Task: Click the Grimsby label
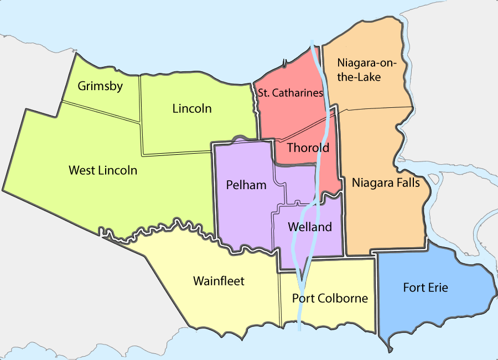[x=100, y=86]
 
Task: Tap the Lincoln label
[x=192, y=108]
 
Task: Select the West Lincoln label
[x=103, y=170]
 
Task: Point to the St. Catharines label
[x=290, y=93]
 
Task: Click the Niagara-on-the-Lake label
[x=367, y=70]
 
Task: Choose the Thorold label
[x=308, y=148]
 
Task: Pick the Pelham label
[x=246, y=185]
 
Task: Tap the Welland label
[x=310, y=227]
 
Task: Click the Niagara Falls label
[x=386, y=182]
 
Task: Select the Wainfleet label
[x=219, y=281]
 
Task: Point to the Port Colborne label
[x=330, y=299]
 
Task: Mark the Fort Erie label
[x=426, y=288]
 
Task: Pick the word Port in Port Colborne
[x=304, y=299]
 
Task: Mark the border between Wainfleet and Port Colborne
[x=280, y=299]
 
